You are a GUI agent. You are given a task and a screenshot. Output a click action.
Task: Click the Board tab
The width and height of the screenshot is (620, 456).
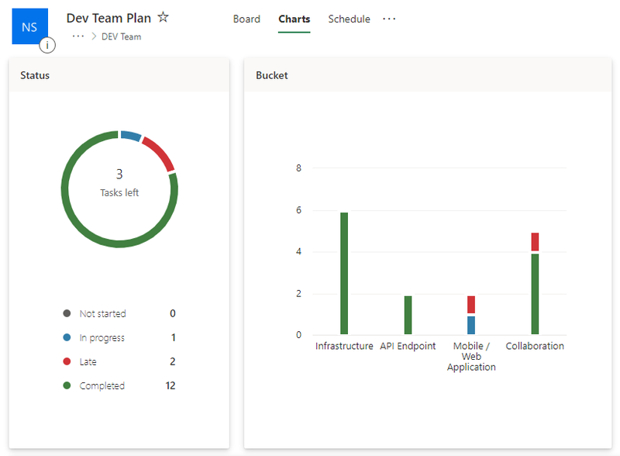(246, 19)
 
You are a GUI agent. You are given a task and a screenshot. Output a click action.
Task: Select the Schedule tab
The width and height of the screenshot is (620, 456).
(349, 19)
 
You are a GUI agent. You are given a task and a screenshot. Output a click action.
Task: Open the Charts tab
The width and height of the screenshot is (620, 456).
(294, 19)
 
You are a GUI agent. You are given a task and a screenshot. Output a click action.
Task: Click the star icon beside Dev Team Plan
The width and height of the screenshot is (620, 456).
(163, 17)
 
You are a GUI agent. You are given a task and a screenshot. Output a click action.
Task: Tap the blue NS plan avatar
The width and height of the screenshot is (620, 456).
(29, 27)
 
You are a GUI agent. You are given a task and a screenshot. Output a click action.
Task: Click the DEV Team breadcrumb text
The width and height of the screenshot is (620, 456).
(121, 36)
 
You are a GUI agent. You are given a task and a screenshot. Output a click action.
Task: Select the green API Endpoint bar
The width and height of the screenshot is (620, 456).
(408, 315)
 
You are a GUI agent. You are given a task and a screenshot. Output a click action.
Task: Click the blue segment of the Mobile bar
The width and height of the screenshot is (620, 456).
(471, 325)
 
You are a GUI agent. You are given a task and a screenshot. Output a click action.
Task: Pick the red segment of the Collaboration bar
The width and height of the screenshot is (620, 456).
(535, 241)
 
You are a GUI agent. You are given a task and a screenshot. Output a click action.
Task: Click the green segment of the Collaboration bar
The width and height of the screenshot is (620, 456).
(535, 294)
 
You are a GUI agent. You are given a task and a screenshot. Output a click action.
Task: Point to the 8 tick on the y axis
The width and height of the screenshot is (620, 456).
(298, 168)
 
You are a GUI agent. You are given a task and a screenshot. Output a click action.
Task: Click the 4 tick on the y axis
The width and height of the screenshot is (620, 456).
(298, 252)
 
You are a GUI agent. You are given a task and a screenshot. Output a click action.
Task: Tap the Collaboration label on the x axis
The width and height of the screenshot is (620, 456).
(535, 346)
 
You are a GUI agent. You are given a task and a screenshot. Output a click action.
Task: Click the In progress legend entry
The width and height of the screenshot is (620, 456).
(102, 338)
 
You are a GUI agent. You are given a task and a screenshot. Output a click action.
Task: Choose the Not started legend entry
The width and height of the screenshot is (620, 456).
(102, 314)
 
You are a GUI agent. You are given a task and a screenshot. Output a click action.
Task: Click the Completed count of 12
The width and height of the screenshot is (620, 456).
(170, 386)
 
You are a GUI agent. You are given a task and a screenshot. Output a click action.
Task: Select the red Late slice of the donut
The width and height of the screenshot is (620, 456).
(159, 153)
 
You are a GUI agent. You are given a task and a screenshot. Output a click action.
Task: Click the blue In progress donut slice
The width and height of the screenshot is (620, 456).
(131, 136)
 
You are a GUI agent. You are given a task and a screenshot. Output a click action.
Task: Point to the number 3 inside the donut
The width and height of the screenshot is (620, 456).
(119, 174)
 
